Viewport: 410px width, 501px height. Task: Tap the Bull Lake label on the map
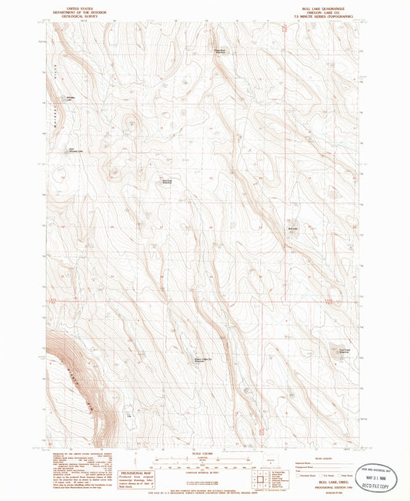(292, 229)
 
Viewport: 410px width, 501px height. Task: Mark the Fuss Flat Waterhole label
(218, 52)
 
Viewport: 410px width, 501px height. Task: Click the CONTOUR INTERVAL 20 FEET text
(204, 476)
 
